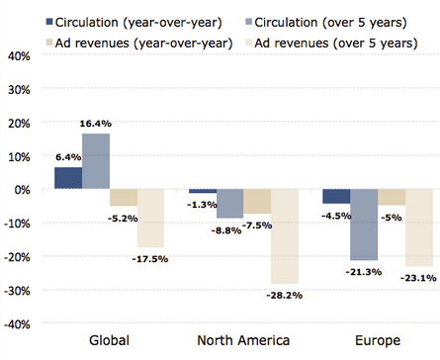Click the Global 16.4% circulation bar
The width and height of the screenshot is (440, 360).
point(96,161)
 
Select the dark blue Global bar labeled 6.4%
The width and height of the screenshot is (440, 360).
point(68,178)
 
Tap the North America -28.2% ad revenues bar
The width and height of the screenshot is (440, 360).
point(285,236)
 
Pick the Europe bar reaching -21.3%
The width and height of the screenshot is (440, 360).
point(364,225)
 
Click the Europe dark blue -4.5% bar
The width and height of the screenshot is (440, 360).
point(336,197)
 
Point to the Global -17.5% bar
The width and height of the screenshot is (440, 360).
point(150,219)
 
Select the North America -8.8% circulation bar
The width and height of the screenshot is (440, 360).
point(230,204)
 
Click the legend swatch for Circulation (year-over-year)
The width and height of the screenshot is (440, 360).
point(49,22)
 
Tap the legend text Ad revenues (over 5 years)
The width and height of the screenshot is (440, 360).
point(336,44)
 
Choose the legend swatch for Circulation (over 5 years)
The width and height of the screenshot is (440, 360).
point(249,22)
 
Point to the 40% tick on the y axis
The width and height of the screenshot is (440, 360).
point(19,56)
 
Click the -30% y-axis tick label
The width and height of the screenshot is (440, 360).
point(17,291)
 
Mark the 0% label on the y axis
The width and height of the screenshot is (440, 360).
point(23,190)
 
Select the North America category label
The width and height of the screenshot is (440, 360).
point(243,340)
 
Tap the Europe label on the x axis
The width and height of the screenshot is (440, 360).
point(378,341)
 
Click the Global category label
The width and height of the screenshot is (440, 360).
point(109,340)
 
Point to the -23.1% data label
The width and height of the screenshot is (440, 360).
point(418,278)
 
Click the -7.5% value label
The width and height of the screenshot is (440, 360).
point(257,225)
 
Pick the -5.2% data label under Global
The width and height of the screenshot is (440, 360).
point(123,219)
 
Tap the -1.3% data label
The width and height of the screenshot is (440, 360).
point(202,205)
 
